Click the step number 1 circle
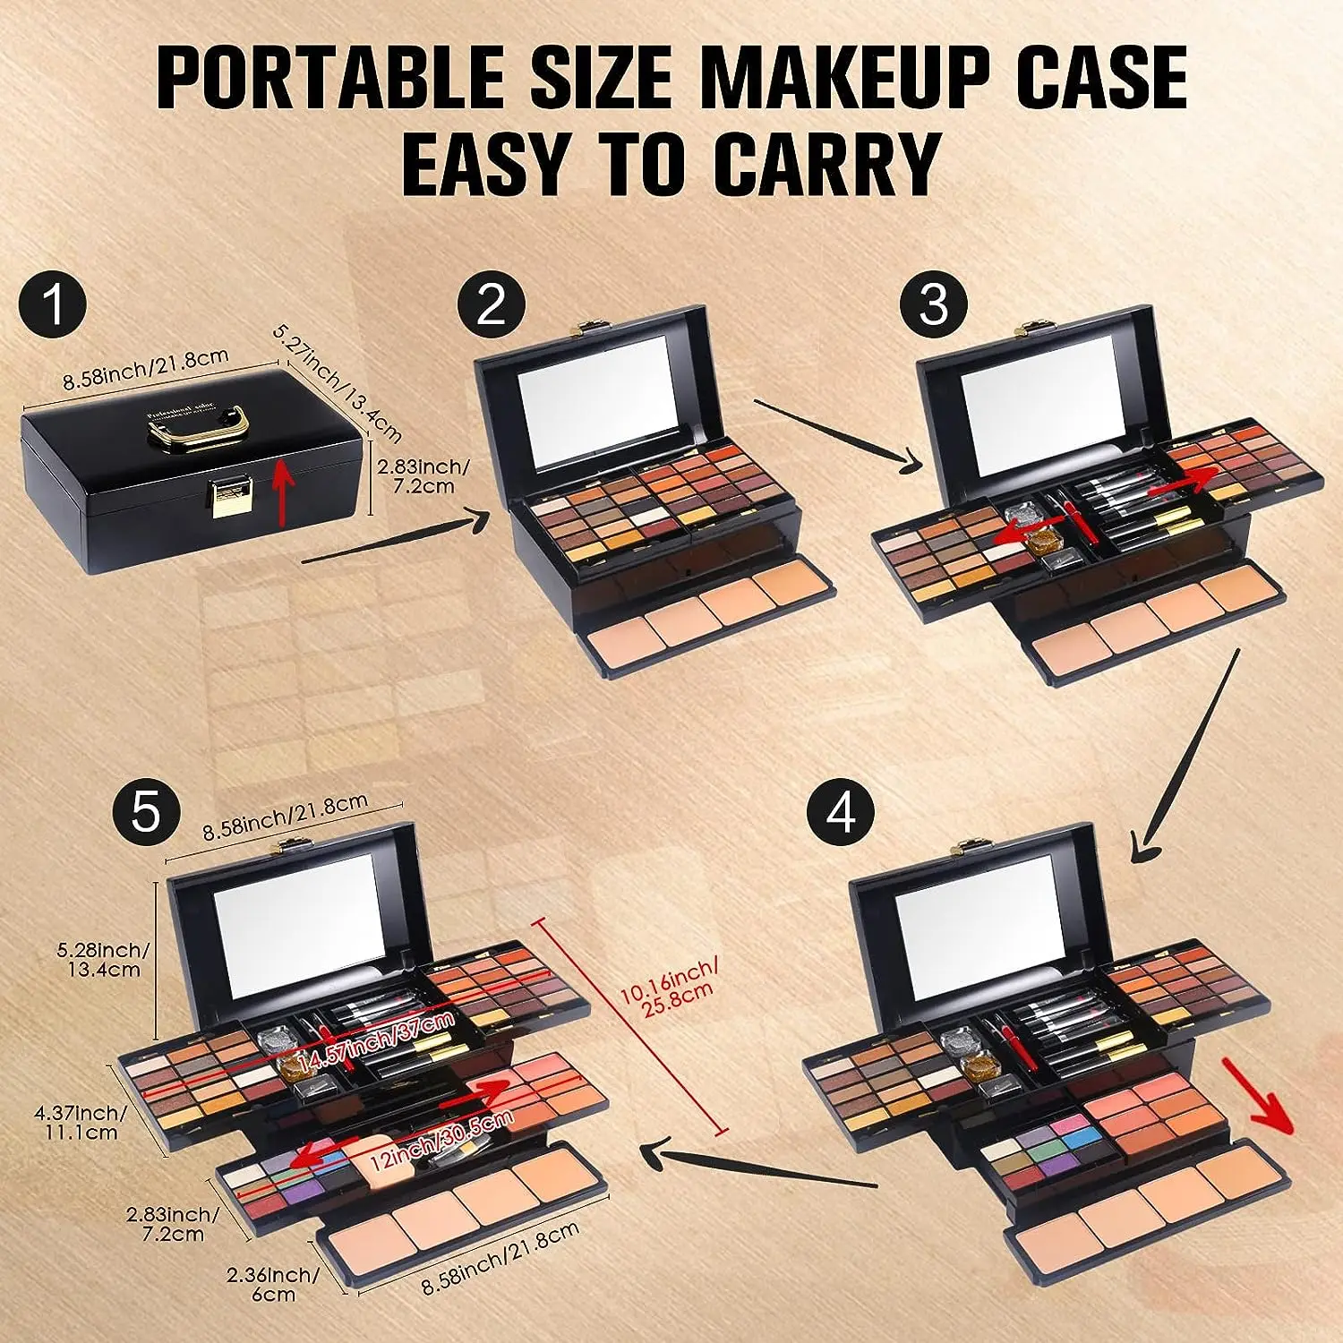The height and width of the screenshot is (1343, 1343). click(x=56, y=304)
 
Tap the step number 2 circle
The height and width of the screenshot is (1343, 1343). click(x=492, y=304)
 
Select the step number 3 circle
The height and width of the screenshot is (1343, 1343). click(x=933, y=304)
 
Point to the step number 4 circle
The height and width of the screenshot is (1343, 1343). click(x=842, y=815)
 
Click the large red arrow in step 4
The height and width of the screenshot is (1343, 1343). click(x=1259, y=1095)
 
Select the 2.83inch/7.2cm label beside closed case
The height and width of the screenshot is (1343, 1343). click(x=422, y=476)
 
